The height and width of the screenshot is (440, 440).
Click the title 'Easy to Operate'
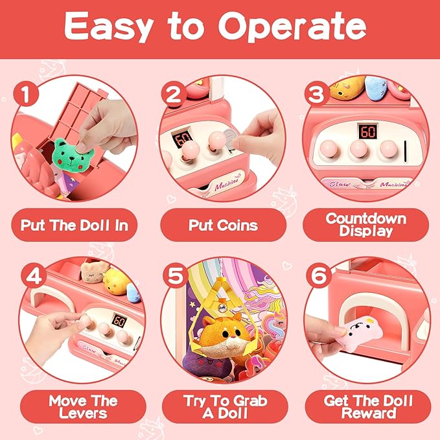point(220,28)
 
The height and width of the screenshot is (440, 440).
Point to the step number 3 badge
point(317,96)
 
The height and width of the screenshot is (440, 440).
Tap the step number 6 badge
point(317,275)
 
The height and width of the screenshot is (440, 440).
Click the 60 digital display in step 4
point(119,320)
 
